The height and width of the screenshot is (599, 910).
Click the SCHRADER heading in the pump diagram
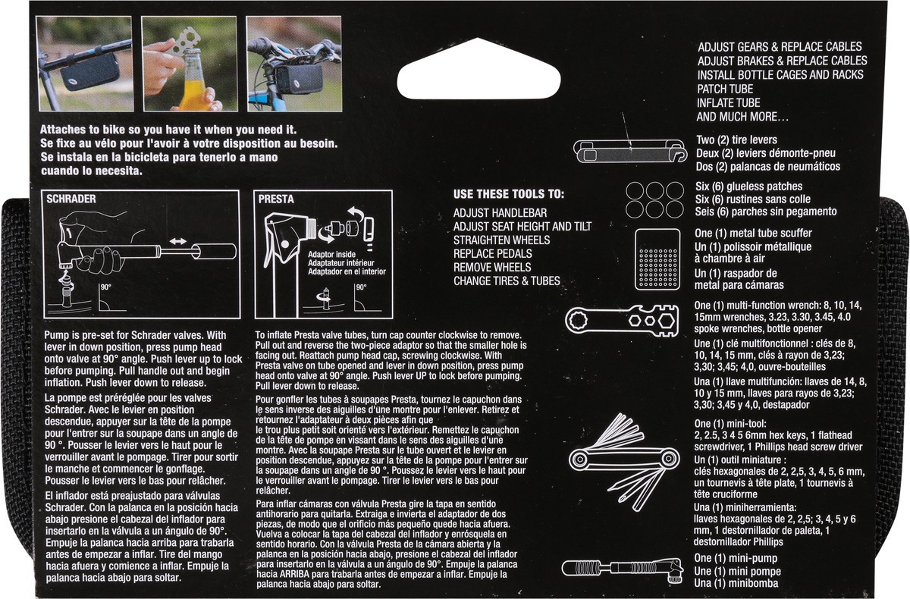click(71, 199)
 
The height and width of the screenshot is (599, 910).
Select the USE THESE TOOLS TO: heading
click(509, 194)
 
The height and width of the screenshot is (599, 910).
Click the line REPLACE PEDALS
click(492, 254)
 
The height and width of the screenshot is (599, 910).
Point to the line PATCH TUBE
click(725, 89)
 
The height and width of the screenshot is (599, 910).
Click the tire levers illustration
click(630, 151)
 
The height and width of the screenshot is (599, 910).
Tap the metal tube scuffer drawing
click(657, 259)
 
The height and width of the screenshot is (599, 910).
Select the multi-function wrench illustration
click(622, 321)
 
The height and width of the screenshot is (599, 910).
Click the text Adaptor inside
click(331, 255)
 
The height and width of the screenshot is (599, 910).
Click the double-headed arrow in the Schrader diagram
click(178, 241)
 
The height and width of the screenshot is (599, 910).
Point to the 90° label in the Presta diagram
click(361, 287)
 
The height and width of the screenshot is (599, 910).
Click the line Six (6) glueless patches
click(748, 187)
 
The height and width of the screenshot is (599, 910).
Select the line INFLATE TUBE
click(729, 103)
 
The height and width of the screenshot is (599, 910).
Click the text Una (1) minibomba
click(736, 584)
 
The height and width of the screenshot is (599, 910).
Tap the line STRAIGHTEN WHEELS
click(502, 240)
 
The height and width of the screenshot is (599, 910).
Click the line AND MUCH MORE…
click(742, 117)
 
